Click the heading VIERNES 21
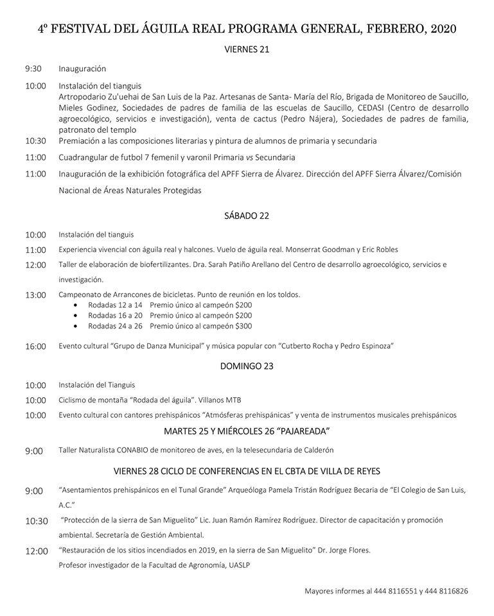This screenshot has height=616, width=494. click(247, 49)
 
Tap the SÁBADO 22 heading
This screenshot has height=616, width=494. click(247, 216)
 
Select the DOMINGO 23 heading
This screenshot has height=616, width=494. click(247, 366)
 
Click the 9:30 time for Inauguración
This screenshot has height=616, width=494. click(33, 69)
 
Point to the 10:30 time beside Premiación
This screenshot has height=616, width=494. click(36, 141)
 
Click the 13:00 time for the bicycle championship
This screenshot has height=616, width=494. click(36, 295)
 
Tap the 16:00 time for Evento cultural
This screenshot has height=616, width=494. click(36, 346)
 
